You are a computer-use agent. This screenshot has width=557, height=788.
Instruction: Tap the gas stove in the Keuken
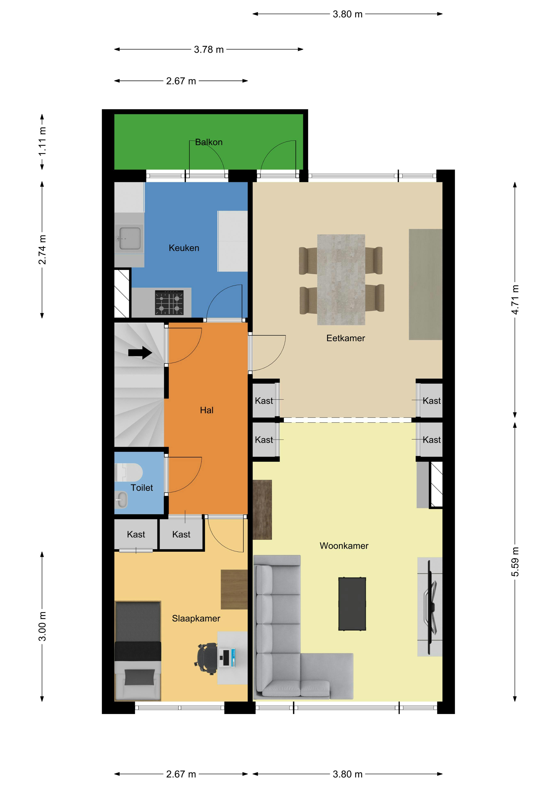pos(169,303)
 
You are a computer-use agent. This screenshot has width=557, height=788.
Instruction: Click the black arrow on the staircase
pos(140,352)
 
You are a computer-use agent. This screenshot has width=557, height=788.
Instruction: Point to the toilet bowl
pos(132,472)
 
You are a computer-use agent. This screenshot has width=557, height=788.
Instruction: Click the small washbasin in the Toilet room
pos(121,500)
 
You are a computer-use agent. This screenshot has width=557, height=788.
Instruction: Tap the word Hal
pos(207,410)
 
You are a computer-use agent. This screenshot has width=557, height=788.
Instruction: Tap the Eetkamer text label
pos(346,338)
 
